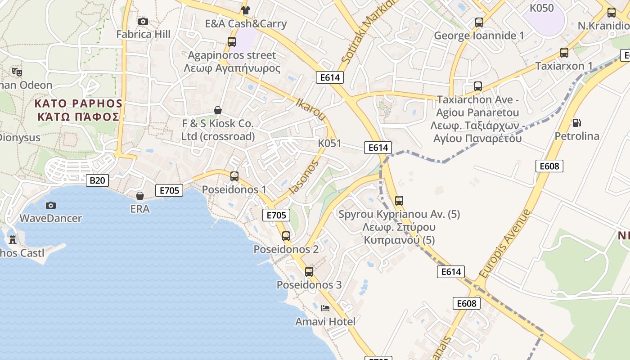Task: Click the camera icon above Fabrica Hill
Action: point(143,21)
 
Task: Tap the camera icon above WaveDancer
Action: point(51,205)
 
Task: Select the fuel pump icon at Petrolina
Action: point(576,122)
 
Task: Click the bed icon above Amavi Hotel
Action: point(325,308)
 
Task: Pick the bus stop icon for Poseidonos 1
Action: point(234,176)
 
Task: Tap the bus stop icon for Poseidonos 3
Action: point(309,271)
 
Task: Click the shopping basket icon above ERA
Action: point(140,196)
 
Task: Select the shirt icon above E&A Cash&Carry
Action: point(245,10)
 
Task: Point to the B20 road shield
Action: point(97,180)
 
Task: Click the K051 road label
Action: point(329,144)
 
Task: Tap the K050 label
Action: point(541,8)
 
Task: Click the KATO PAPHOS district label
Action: point(78,110)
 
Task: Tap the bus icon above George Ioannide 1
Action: point(479,22)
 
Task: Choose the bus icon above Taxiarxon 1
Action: point(564,52)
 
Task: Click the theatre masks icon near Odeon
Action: point(17,72)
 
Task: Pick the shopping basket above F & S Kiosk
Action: point(218,110)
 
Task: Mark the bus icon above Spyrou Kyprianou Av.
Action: point(399,200)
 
